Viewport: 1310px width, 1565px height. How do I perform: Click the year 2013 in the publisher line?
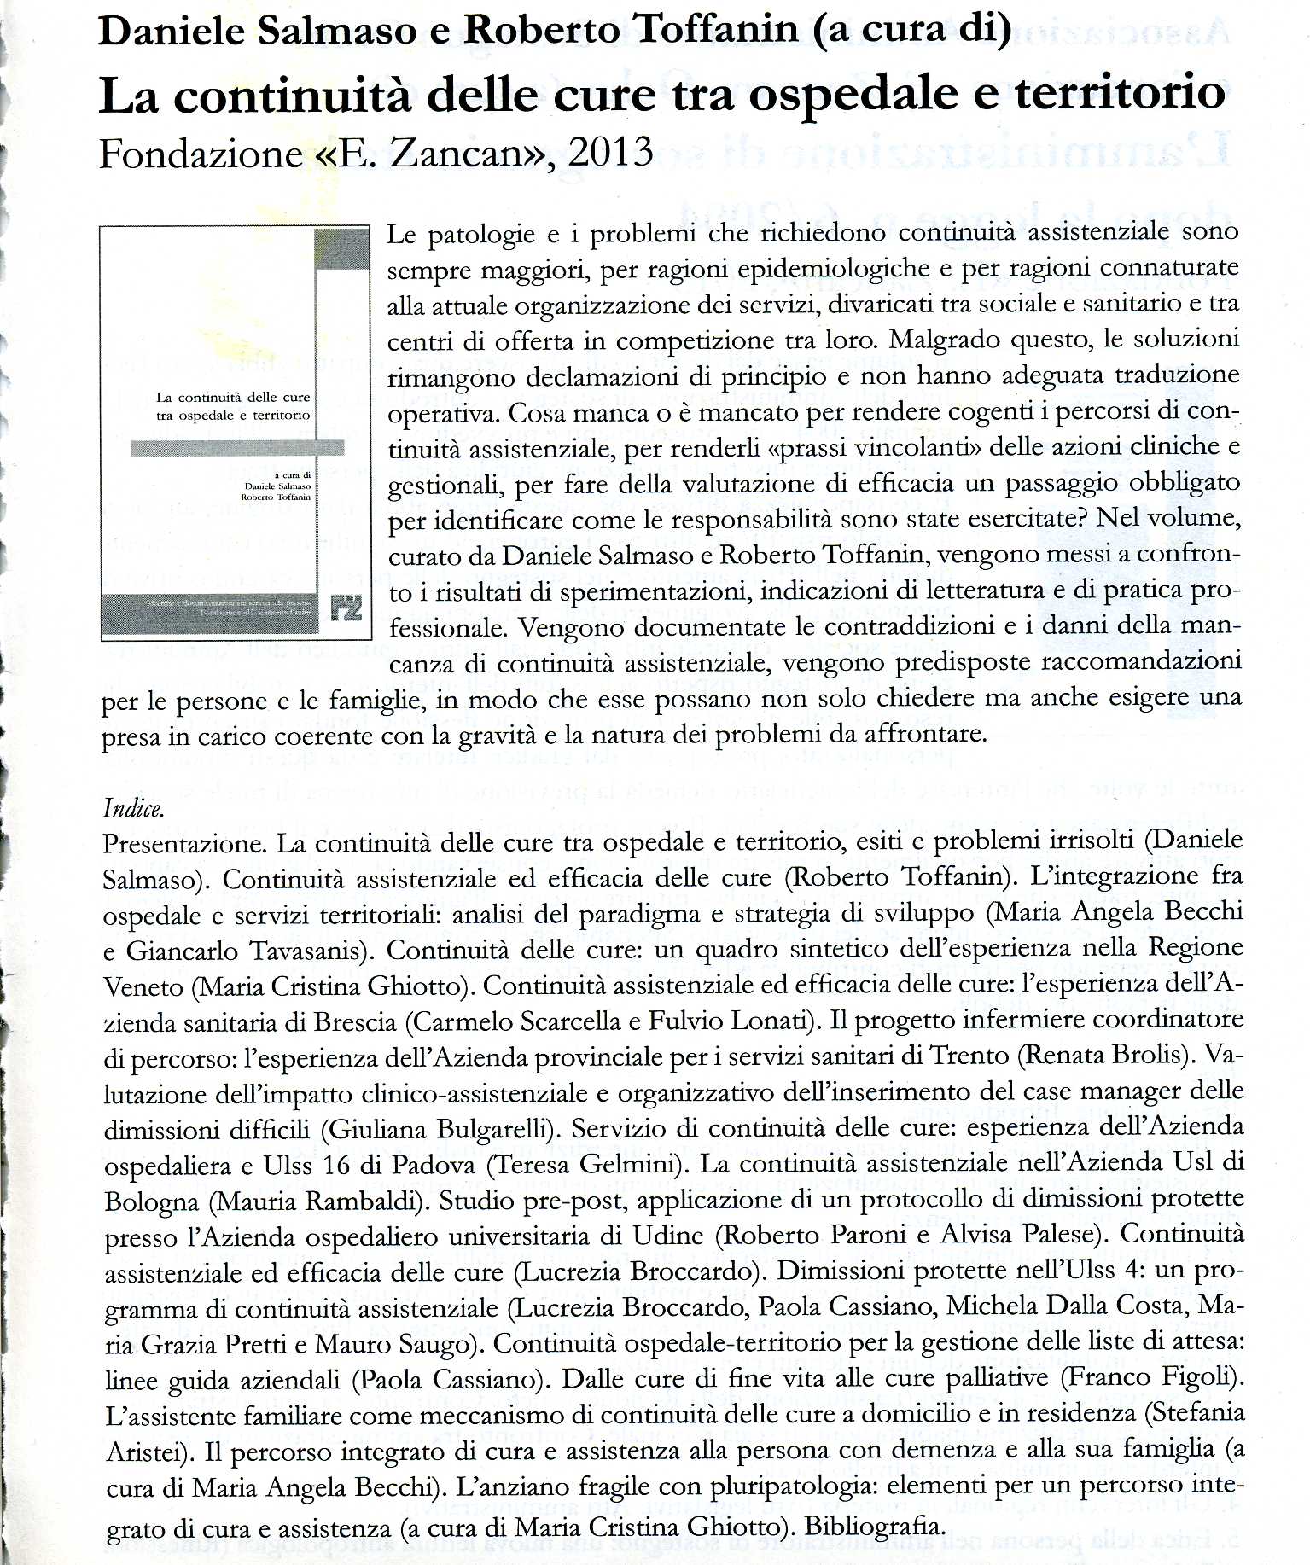(x=610, y=152)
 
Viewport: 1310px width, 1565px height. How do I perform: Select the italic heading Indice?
(x=133, y=807)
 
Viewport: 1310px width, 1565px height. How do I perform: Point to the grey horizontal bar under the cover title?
(x=237, y=448)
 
